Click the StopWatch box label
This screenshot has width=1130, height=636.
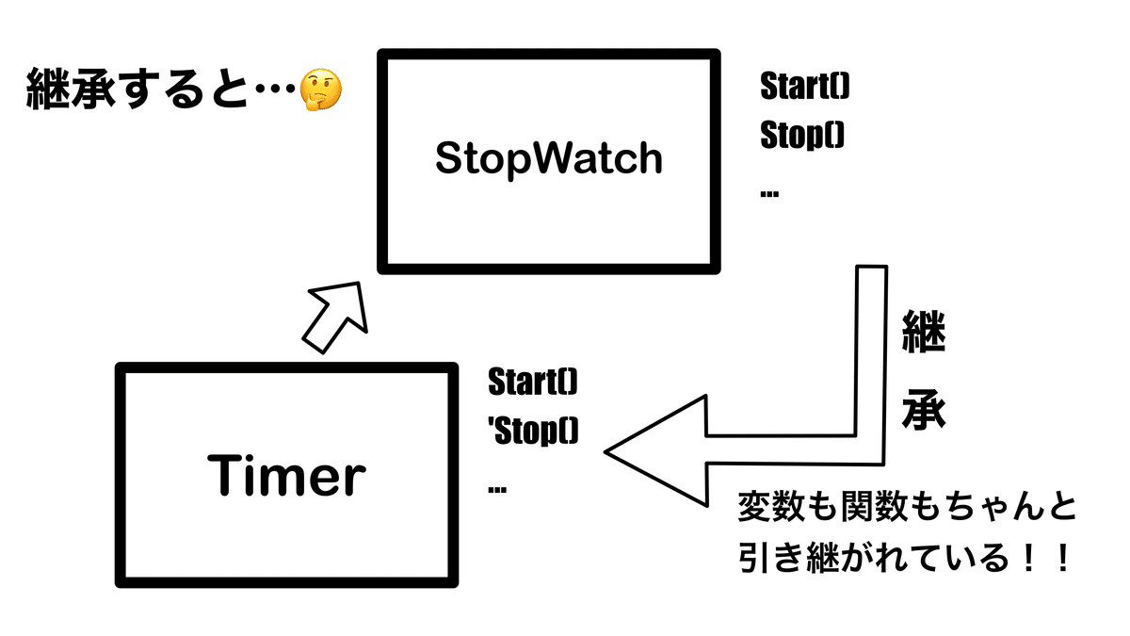[x=549, y=159]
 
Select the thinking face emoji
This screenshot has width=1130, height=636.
[x=321, y=92]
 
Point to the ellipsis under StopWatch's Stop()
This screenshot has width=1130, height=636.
[x=769, y=193]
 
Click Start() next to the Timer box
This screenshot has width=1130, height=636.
[x=533, y=383]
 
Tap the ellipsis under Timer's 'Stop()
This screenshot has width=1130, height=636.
[x=498, y=489]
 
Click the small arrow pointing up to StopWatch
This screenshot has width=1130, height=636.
[x=334, y=316]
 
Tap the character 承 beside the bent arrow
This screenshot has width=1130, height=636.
[x=923, y=412]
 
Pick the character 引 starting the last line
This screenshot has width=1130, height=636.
[x=753, y=561]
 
